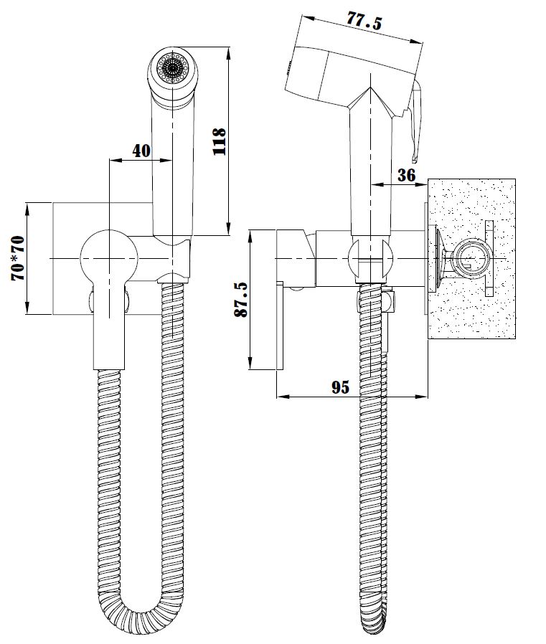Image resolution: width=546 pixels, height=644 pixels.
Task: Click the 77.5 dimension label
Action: [x=364, y=21]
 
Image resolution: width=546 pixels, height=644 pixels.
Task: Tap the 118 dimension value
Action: [x=219, y=141]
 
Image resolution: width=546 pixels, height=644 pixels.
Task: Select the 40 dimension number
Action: [x=141, y=151]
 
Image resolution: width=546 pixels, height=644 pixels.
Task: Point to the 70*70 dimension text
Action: [x=18, y=258]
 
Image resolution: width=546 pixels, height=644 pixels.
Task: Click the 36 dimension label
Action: [x=406, y=175]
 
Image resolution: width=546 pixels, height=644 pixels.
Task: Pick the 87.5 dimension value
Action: [x=241, y=300]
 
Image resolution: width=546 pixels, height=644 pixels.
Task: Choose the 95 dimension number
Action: [x=341, y=387]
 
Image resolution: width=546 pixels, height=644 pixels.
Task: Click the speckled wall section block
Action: [x=471, y=259]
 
